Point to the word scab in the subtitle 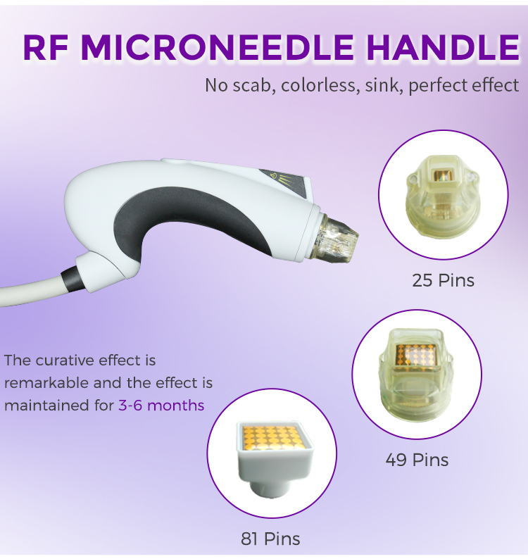pyautogui.click(x=253, y=86)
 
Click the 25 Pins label pyautogui.click(x=443, y=280)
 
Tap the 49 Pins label pyautogui.click(x=417, y=460)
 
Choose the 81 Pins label pyautogui.click(x=270, y=539)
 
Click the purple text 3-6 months pyautogui.click(x=161, y=405)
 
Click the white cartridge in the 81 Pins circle pyautogui.click(x=270, y=458)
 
